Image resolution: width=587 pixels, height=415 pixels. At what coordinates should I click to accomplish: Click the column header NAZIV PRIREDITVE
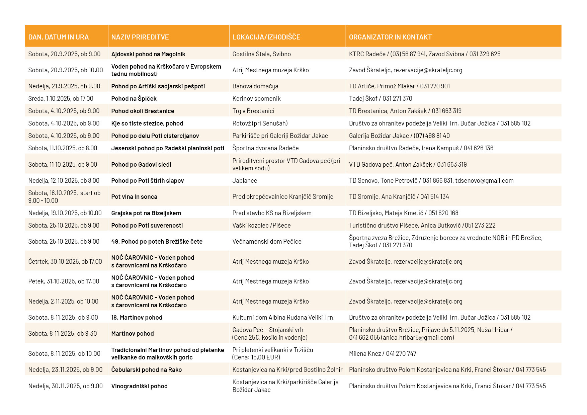(x=140, y=37)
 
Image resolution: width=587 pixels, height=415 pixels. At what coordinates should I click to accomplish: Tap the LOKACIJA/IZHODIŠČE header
(x=266, y=37)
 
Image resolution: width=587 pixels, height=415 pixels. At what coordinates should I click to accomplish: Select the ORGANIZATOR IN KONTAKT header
(x=390, y=37)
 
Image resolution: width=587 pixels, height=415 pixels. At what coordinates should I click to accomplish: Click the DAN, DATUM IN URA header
(x=59, y=37)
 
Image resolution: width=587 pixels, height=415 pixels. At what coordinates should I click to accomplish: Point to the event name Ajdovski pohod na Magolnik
(x=148, y=54)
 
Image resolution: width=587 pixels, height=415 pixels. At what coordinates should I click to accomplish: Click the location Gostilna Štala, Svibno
(x=261, y=54)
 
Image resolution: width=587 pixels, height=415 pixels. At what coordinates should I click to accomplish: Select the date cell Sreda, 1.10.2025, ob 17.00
(x=61, y=99)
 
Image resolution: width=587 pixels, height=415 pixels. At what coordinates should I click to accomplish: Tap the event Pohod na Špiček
(x=134, y=99)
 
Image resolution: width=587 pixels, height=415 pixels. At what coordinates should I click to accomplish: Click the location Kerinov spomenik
(x=256, y=99)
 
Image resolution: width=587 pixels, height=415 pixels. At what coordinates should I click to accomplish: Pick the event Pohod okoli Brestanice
(x=143, y=111)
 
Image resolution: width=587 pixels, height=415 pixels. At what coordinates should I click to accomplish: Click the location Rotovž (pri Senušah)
(x=260, y=123)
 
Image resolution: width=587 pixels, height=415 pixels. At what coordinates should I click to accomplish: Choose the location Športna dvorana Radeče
(x=265, y=148)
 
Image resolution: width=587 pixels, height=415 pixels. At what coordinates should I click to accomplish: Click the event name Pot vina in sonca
(x=134, y=197)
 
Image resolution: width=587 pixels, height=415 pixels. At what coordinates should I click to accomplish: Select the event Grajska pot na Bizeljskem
(x=146, y=213)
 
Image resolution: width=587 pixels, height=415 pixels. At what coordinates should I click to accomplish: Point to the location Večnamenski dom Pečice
(x=267, y=242)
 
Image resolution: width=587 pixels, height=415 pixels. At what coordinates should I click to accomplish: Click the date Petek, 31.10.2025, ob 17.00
(x=64, y=281)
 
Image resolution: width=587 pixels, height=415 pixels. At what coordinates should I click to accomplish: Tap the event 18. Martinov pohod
(x=137, y=318)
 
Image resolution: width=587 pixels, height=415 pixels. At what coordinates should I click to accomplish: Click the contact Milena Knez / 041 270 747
(x=383, y=354)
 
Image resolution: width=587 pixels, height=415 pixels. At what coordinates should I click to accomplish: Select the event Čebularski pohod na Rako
(x=146, y=370)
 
